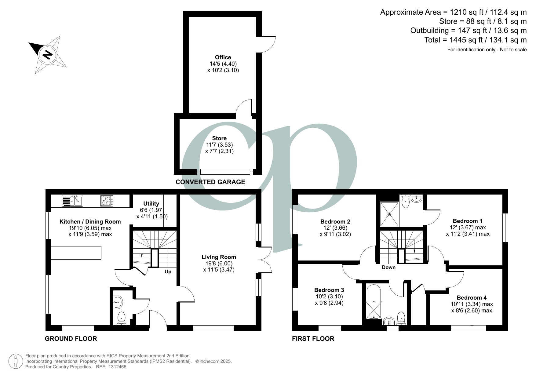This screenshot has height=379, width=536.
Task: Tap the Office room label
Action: pos(223,57)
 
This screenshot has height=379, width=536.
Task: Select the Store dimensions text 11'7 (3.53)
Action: pos(219,145)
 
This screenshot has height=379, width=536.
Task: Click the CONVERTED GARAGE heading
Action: pos(210,182)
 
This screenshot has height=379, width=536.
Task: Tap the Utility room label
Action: pos(151,204)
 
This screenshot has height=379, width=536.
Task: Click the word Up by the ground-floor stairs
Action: pos(168,272)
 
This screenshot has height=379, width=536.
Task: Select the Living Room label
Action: pos(219,257)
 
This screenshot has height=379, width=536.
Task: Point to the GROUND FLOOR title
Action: pos(71,339)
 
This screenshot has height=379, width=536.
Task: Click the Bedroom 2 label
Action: pos(335,222)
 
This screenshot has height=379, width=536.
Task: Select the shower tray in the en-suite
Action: pos(389,214)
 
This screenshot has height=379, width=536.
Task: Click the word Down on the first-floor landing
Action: pos(388,268)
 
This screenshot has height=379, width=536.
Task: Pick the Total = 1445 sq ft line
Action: pos(475,40)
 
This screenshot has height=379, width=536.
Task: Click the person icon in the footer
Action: pos(15,361)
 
